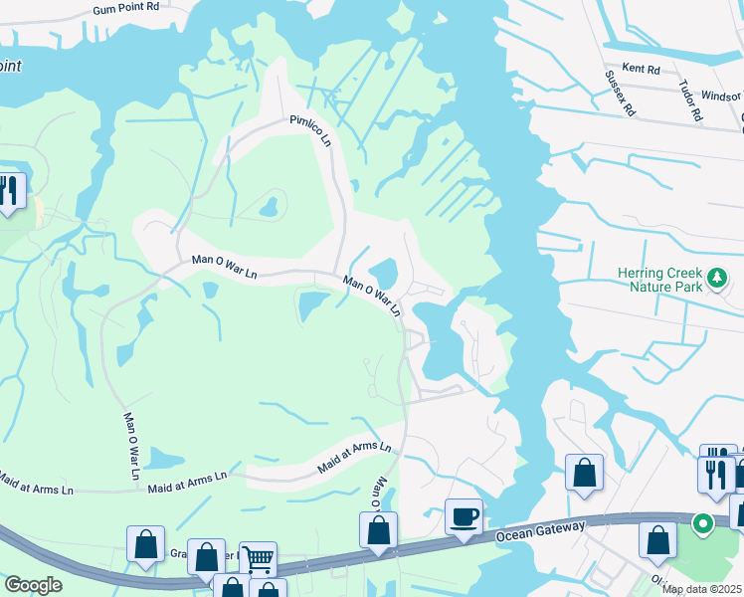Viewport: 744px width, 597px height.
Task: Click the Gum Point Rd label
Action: click(126, 7)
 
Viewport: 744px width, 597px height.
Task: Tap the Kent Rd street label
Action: click(641, 70)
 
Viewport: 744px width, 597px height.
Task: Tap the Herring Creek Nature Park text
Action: click(658, 280)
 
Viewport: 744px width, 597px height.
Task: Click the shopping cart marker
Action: click(258, 560)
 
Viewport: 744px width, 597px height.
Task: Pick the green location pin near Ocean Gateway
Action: click(702, 522)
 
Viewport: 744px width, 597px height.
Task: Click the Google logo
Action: click(33, 585)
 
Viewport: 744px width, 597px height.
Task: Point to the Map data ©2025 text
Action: click(701, 589)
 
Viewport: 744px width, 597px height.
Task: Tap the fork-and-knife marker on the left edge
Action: click(10, 191)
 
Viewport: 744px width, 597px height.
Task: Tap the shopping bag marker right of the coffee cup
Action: click(584, 473)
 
